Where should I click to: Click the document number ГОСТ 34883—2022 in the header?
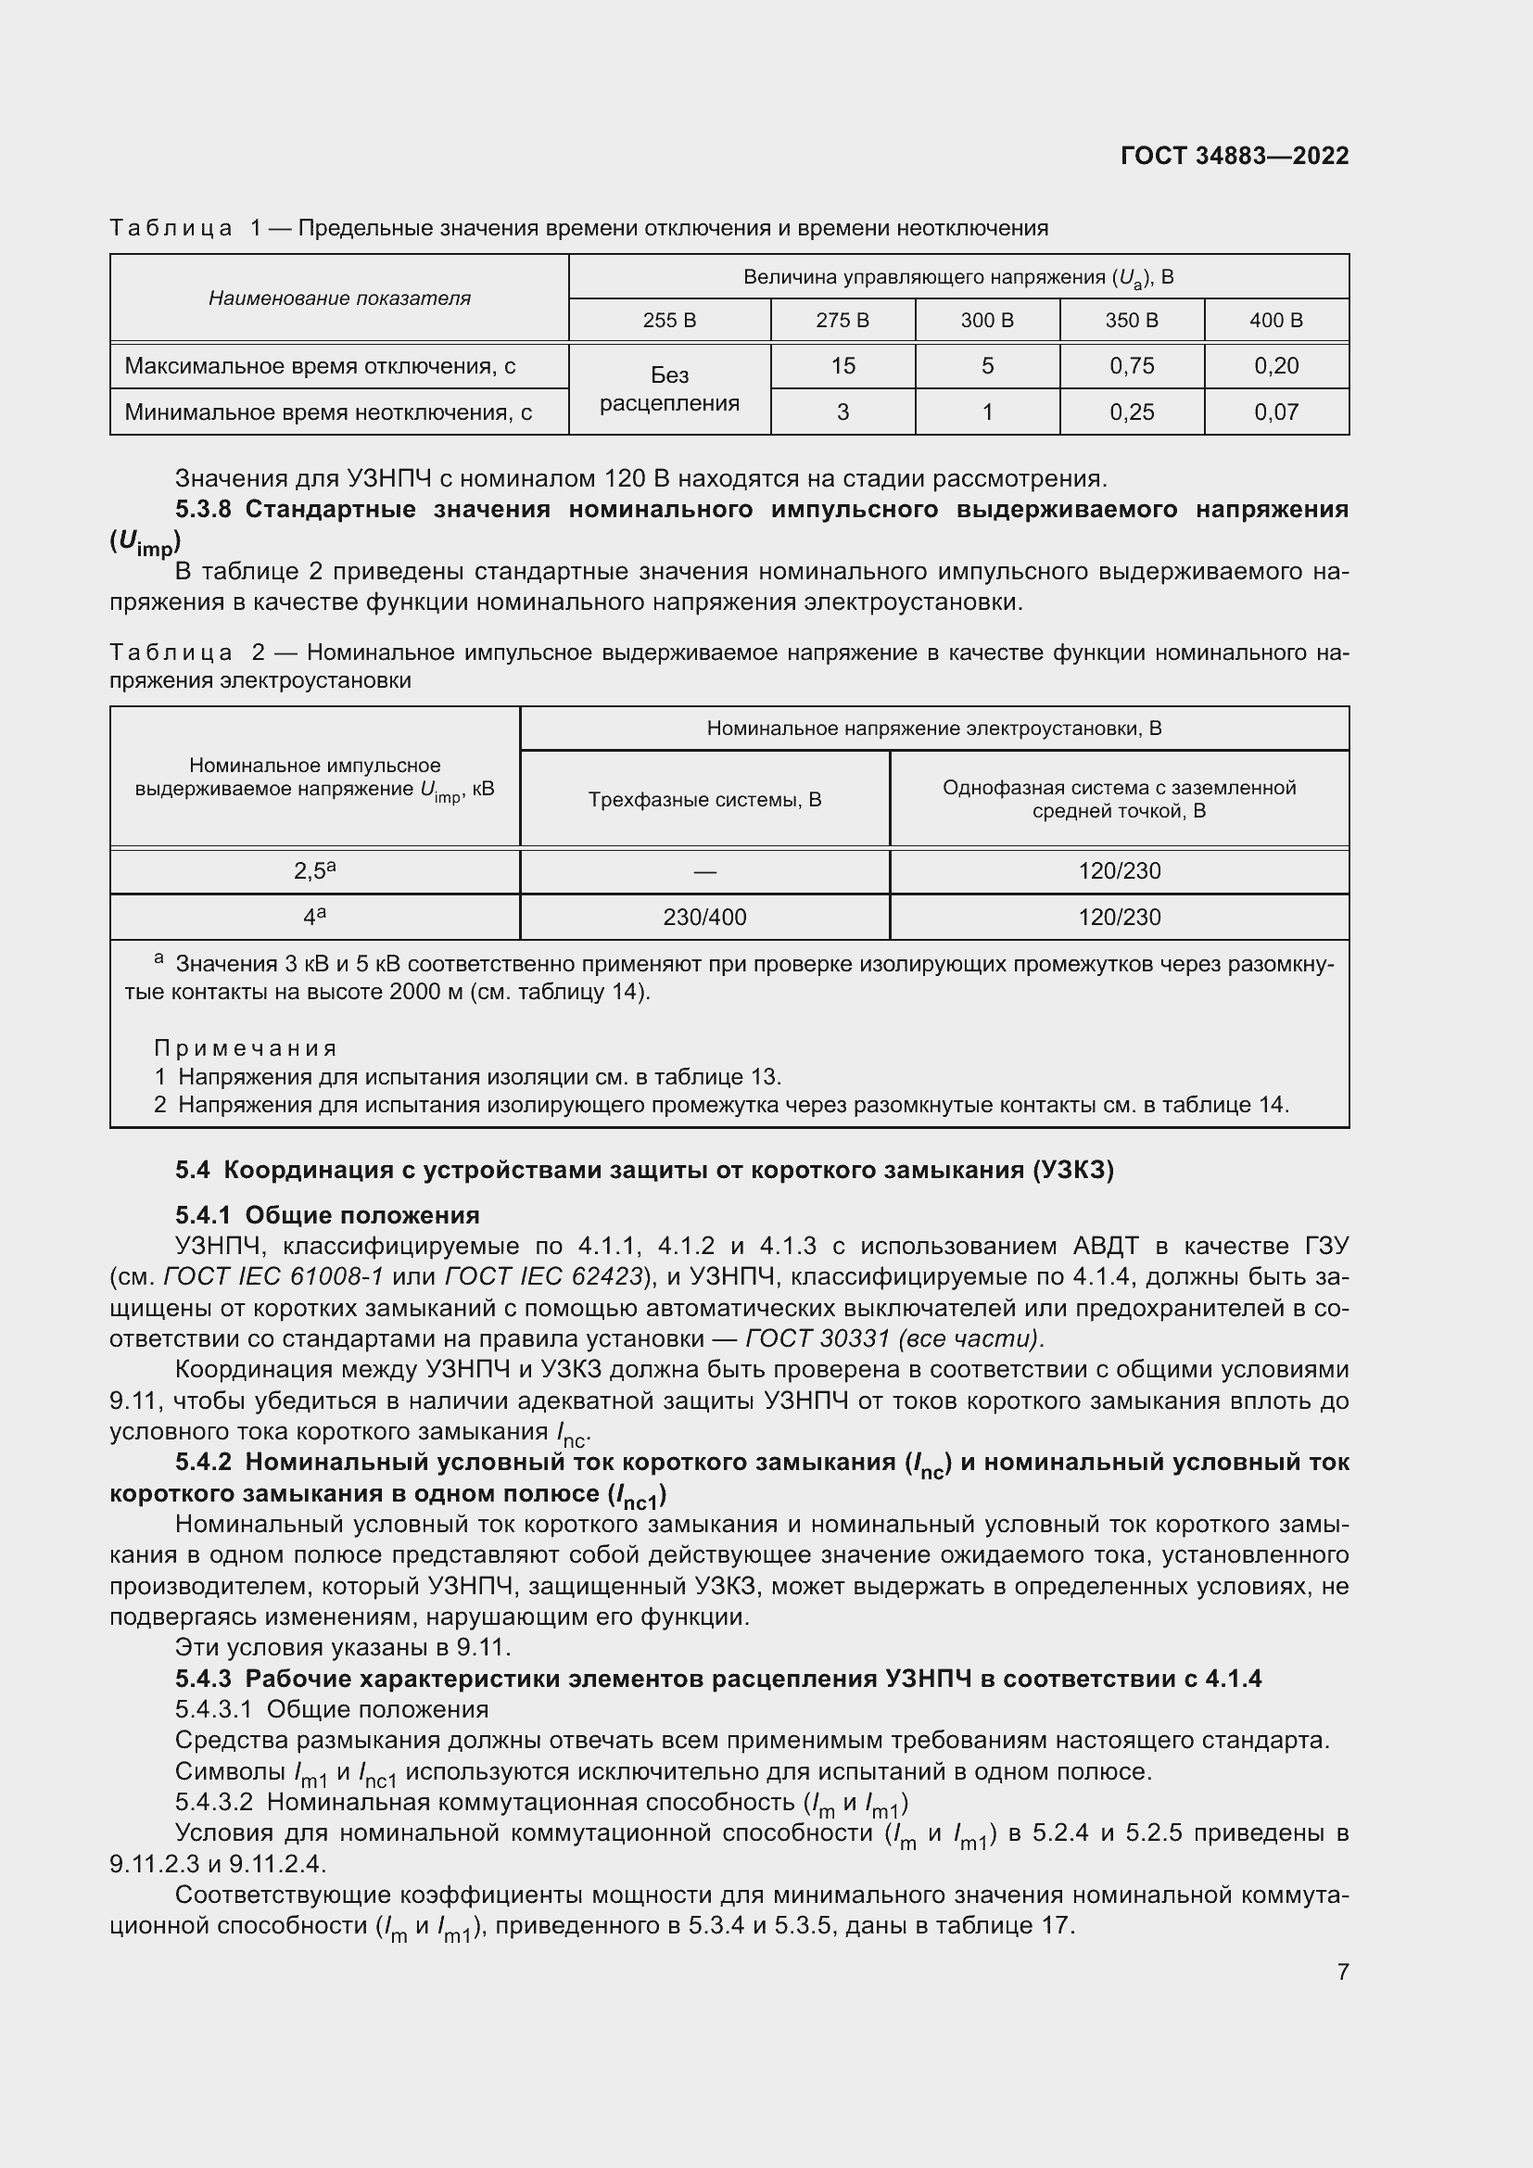point(1234,156)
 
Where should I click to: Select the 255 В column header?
point(669,320)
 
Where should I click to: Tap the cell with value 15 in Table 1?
point(842,365)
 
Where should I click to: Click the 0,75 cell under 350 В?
point(1131,365)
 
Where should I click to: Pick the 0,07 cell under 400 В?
point(1275,412)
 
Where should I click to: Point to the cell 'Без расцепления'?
point(669,389)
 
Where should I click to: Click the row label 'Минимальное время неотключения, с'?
point(328,412)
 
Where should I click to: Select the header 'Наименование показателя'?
point(339,298)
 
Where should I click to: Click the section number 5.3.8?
point(203,509)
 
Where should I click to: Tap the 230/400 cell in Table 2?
point(704,917)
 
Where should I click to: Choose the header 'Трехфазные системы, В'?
point(704,800)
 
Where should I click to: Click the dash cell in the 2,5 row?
point(704,871)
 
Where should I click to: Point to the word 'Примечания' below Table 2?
point(246,1048)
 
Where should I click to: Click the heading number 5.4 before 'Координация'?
point(193,1170)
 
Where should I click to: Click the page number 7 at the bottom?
point(1342,1971)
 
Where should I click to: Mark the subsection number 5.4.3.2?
point(214,1802)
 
